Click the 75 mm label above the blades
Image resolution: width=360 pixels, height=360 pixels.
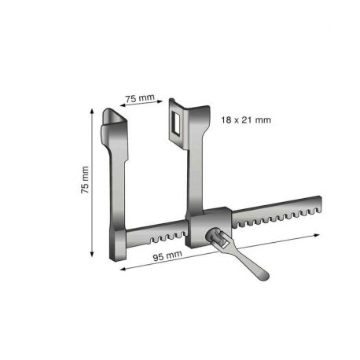click(x=139, y=98)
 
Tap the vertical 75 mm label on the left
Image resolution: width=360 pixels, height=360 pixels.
click(x=86, y=181)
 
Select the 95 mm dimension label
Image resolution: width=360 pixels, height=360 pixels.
click(x=168, y=257)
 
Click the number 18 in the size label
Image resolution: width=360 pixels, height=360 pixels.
click(x=227, y=119)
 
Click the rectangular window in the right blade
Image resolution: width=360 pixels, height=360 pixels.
click(x=174, y=122)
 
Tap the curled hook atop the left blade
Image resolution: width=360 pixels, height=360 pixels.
click(x=115, y=119)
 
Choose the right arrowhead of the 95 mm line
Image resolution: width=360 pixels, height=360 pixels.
click(x=318, y=234)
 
